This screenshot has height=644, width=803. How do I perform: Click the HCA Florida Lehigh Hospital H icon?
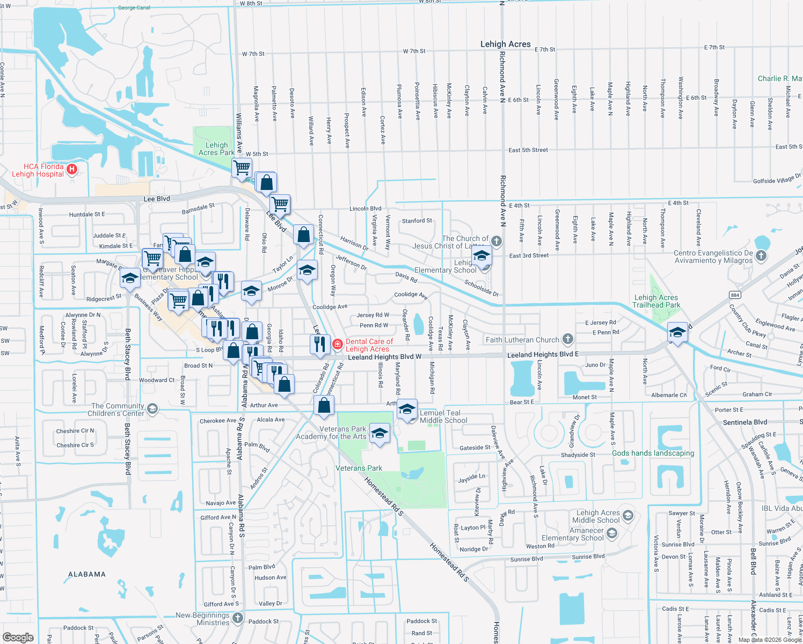[72, 170]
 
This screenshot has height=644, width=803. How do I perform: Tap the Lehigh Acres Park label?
[216, 149]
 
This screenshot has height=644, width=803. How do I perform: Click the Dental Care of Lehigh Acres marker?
[338, 344]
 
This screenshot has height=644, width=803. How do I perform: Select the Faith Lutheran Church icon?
[568, 339]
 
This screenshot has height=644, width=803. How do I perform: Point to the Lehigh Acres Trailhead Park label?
[656, 301]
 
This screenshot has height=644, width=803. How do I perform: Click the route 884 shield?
[735, 295]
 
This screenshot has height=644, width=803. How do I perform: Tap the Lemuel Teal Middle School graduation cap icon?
[407, 410]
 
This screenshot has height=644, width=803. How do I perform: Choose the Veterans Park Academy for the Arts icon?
[379, 433]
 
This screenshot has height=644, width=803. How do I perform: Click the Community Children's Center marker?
[152, 409]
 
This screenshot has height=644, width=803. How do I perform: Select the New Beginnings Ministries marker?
[238, 618]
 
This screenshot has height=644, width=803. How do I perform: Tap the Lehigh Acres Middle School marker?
[628, 516]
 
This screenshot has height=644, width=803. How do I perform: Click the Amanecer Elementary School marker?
[612, 533]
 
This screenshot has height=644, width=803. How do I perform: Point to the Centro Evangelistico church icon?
[761, 256]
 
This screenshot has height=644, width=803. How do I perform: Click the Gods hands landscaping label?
[653, 453]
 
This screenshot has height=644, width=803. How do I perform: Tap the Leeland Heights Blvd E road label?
[543, 355]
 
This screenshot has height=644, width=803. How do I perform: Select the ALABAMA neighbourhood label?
[87, 574]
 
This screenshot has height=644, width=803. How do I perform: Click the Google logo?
[18, 637]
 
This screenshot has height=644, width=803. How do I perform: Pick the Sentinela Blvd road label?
[745, 422]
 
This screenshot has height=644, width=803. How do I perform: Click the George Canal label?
[134, 8]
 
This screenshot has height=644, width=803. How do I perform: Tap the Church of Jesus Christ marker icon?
[497, 241]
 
